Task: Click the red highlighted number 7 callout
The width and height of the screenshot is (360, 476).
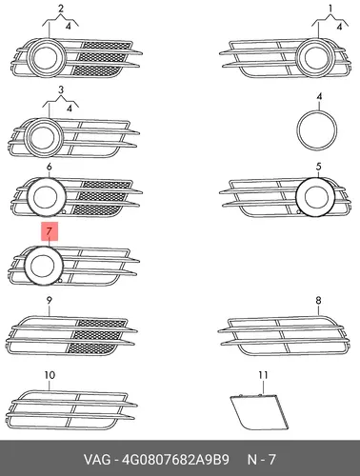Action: click(x=50, y=231)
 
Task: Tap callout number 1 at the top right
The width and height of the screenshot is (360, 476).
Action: click(x=330, y=8)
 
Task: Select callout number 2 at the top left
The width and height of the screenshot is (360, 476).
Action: click(x=61, y=9)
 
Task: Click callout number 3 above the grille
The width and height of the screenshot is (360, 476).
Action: click(x=61, y=89)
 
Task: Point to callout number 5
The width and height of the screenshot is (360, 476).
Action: click(x=319, y=167)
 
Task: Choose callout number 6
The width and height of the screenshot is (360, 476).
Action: click(x=49, y=167)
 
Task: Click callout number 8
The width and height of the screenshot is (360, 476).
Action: click(x=318, y=300)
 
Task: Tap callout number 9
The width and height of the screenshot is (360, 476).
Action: click(x=49, y=300)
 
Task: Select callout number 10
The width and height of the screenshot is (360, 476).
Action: click(x=50, y=375)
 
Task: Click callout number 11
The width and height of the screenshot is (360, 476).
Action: click(x=263, y=375)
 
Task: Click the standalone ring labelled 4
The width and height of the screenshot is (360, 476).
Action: click(x=317, y=111)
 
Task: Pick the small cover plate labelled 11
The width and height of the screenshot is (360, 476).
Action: click(x=259, y=411)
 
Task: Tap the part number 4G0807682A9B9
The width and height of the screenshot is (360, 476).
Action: click(x=175, y=459)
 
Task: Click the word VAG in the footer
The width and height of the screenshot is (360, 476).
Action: click(x=97, y=459)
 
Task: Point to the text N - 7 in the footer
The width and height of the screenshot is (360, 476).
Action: click(x=262, y=459)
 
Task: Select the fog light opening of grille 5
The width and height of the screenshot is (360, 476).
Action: click(x=315, y=196)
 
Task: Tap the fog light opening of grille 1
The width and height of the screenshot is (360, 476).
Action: click(x=316, y=58)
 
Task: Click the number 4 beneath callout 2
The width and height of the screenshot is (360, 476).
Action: click(x=69, y=26)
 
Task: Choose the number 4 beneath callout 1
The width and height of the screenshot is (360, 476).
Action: click(x=339, y=27)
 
